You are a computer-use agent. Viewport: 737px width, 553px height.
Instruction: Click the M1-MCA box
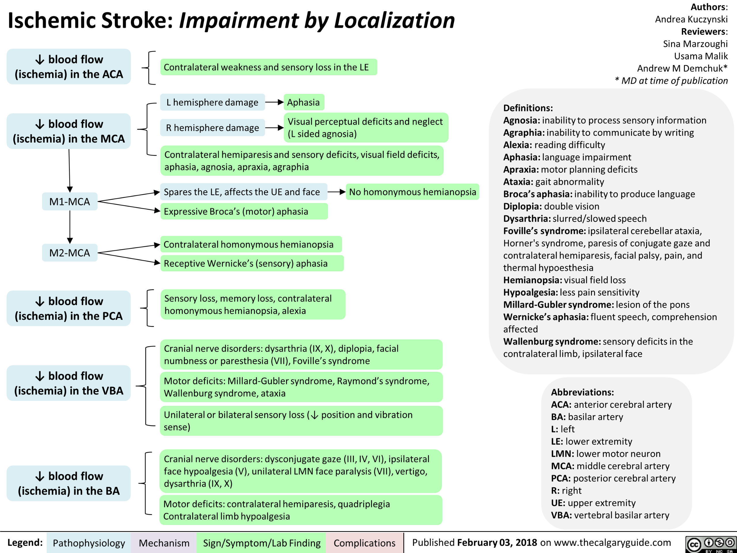click(x=70, y=201)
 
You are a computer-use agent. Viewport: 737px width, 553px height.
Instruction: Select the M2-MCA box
click(x=70, y=253)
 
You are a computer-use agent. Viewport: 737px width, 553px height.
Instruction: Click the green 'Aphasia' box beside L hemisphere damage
click(x=303, y=102)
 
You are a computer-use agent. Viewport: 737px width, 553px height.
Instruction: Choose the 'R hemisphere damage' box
click(x=212, y=128)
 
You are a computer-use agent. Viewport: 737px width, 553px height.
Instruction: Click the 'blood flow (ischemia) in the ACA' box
click(x=69, y=66)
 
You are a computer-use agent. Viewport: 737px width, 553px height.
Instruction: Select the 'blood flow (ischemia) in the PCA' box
click(x=69, y=308)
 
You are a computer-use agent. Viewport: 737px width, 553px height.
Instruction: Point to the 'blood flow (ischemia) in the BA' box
click(x=69, y=483)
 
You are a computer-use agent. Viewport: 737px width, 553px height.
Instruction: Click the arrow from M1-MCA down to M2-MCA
click(x=70, y=227)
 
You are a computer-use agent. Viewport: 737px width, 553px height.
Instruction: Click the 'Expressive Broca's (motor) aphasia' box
click(x=244, y=211)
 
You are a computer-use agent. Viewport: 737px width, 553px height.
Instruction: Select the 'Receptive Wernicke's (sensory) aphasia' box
click(x=252, y=263)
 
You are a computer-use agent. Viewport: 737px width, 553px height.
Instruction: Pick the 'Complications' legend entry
click(x=364, y=543)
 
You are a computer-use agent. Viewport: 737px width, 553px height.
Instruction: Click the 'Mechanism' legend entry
click(x=164, y=543)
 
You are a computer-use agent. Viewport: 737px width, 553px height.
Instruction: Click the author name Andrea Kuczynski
click(x=691, y=19)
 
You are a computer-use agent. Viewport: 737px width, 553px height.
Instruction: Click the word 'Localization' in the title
click(x=394, y=20)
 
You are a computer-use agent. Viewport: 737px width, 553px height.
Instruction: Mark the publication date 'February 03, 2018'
click(x=497, y=543)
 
